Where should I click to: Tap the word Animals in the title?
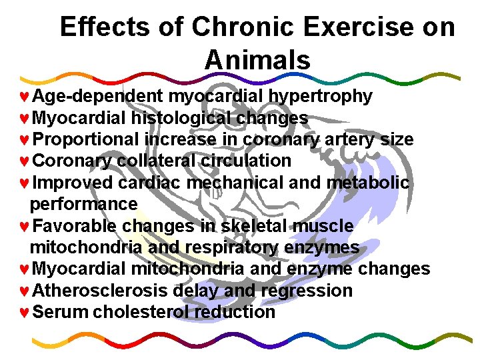(x=257, y=60)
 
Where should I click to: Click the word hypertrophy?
(x=321, y=97)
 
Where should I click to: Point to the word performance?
(x=84, y=204)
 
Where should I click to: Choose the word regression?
(x=307, y=291)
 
